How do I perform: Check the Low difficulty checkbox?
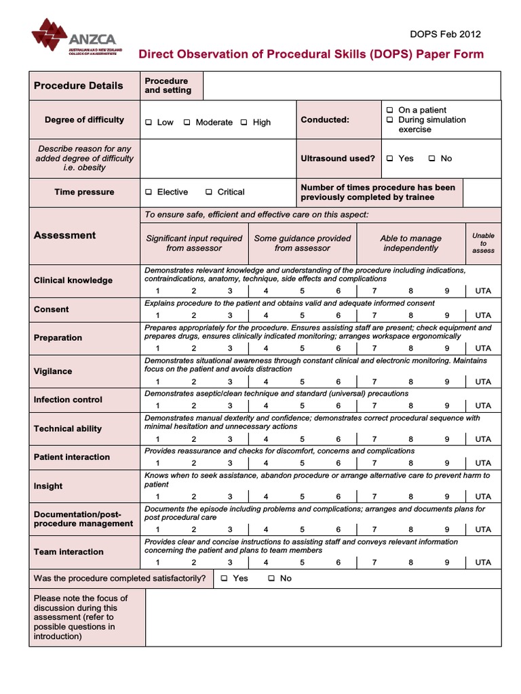[149, 123]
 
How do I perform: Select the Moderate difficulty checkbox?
[187, 123]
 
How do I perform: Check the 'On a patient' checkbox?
[390, 110]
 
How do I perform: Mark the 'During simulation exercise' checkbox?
[390, 120]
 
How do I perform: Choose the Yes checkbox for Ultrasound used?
[390, 159]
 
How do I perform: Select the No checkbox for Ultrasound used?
[431, 159]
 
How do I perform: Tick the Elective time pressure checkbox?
[149, 192]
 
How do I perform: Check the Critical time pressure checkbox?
[209, 192]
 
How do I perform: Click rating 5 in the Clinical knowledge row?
[302, 291]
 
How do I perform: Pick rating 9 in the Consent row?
[446, 315]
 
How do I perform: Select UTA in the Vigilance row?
[483, 382]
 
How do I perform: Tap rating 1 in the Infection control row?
[157, 406]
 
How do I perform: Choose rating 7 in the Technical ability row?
[374, 439]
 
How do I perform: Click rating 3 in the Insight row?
[230, 497]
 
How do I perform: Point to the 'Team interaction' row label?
[69, 552]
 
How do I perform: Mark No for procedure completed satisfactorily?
[271, 579]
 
